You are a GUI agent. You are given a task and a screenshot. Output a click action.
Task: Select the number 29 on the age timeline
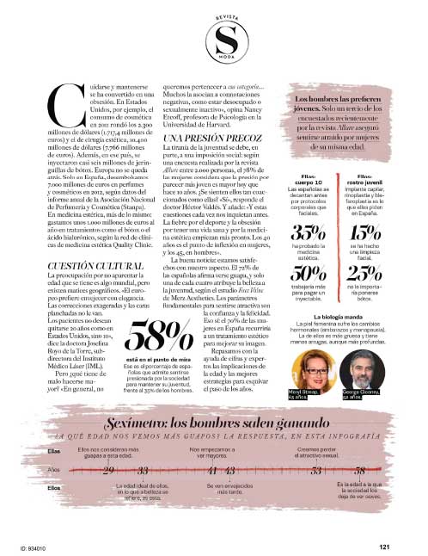tap(109, 470)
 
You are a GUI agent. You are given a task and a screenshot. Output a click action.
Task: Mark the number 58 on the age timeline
tap(359, 470)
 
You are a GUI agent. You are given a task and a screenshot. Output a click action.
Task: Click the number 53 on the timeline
tap(316, 470)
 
